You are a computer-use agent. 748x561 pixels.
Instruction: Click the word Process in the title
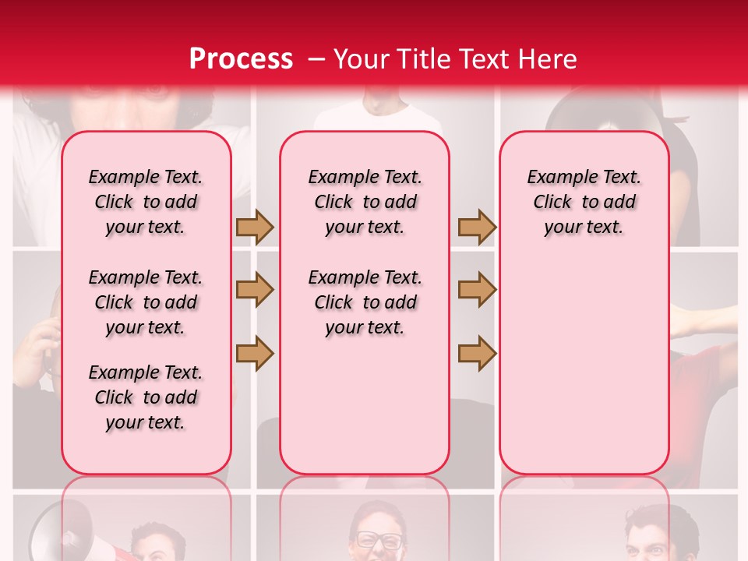click(241, 58)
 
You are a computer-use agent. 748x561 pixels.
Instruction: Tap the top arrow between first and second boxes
click(255, 228)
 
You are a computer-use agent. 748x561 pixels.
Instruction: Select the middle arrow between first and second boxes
click(255, 290)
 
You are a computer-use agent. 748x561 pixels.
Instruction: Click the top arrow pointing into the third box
click(477, 228)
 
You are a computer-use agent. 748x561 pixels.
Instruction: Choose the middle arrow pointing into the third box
click(477, 290)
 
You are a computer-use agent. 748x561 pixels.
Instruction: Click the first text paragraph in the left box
click(146, 202)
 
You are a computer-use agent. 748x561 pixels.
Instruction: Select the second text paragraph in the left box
click(146, 302)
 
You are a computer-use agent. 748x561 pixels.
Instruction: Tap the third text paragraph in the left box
click(146, 397)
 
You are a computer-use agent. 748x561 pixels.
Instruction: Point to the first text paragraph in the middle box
click(365, 202)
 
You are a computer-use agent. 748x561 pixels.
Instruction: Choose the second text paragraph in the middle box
click(365, 302)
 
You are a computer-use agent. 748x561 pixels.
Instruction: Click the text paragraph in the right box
click(584, 202)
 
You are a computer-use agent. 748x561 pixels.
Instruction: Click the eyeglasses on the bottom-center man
click(379, 539)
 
